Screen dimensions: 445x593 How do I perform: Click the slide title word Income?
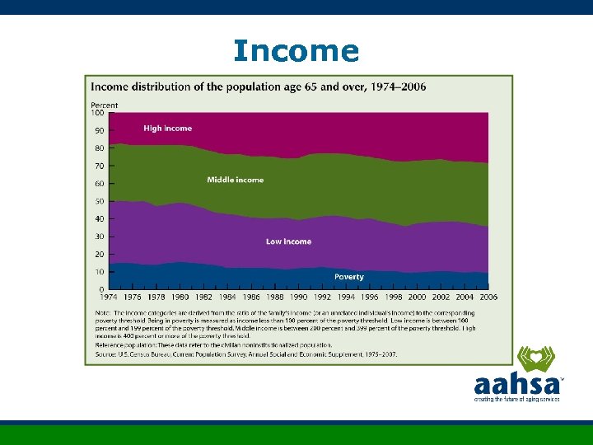[296, 51]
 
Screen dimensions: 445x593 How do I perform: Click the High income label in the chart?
[167, 129]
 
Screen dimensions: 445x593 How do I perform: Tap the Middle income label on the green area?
[236, 180]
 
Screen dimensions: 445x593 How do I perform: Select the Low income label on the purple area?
[288, 241]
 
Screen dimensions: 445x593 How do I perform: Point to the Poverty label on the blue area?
[348, 277]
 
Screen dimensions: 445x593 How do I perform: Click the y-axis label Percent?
[104, 105]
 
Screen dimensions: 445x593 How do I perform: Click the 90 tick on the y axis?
[99, 131]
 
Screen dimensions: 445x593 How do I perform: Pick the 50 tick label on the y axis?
[99, 202]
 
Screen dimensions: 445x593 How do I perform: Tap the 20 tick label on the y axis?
[99, 255]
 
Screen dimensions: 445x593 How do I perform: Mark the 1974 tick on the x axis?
[109, 297]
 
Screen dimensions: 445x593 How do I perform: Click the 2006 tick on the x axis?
[488, 297]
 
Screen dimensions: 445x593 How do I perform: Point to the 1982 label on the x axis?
[203, 297]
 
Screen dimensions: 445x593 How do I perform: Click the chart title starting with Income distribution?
[258, 87]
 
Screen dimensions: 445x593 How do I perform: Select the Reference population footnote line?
[213, 345]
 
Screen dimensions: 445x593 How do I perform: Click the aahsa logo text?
[516, 385]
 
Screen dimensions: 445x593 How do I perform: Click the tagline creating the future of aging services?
[516, 399]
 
